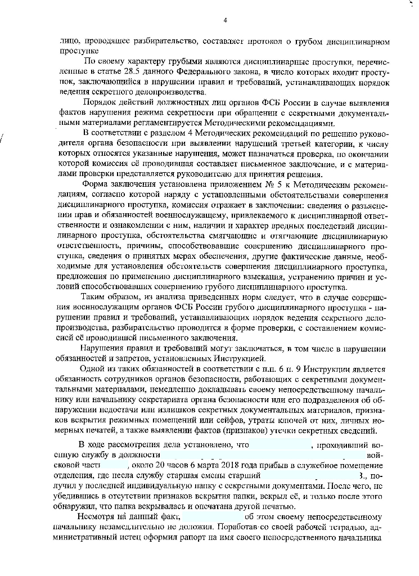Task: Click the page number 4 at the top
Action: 224,21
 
